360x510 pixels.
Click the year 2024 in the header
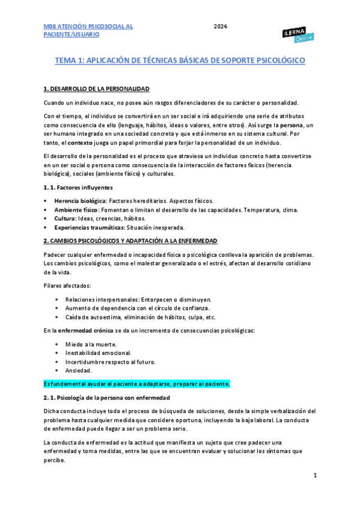pos(220,27)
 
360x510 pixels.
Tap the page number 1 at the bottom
pos(315,475)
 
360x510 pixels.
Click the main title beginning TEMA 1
pos(180,61)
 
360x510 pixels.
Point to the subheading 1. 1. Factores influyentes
pos(78,188)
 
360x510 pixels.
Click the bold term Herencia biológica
pos(79,200)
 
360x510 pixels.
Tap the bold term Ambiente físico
pos(75,210)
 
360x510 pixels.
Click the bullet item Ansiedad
pos(78,370)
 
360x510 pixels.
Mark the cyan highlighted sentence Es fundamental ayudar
pos(137,384)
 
